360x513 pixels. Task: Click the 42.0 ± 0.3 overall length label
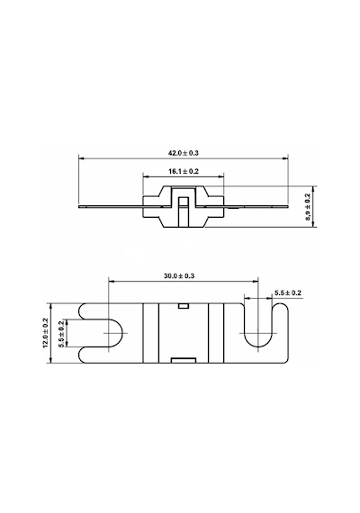coord(184,153)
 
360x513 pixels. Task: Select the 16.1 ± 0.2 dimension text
coord(184,171)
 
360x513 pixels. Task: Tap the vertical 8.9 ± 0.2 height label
coord(308,207)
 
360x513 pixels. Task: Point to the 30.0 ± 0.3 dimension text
coord(179,275)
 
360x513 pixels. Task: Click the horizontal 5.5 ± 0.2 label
coord(288,292)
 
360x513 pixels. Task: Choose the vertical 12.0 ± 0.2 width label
coord(46,333)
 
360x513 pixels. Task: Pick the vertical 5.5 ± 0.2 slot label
coord(61,333)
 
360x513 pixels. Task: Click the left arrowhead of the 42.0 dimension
coord(81,158)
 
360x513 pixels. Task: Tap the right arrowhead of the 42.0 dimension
coord(285,158)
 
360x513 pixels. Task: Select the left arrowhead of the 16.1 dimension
coord(146,176)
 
